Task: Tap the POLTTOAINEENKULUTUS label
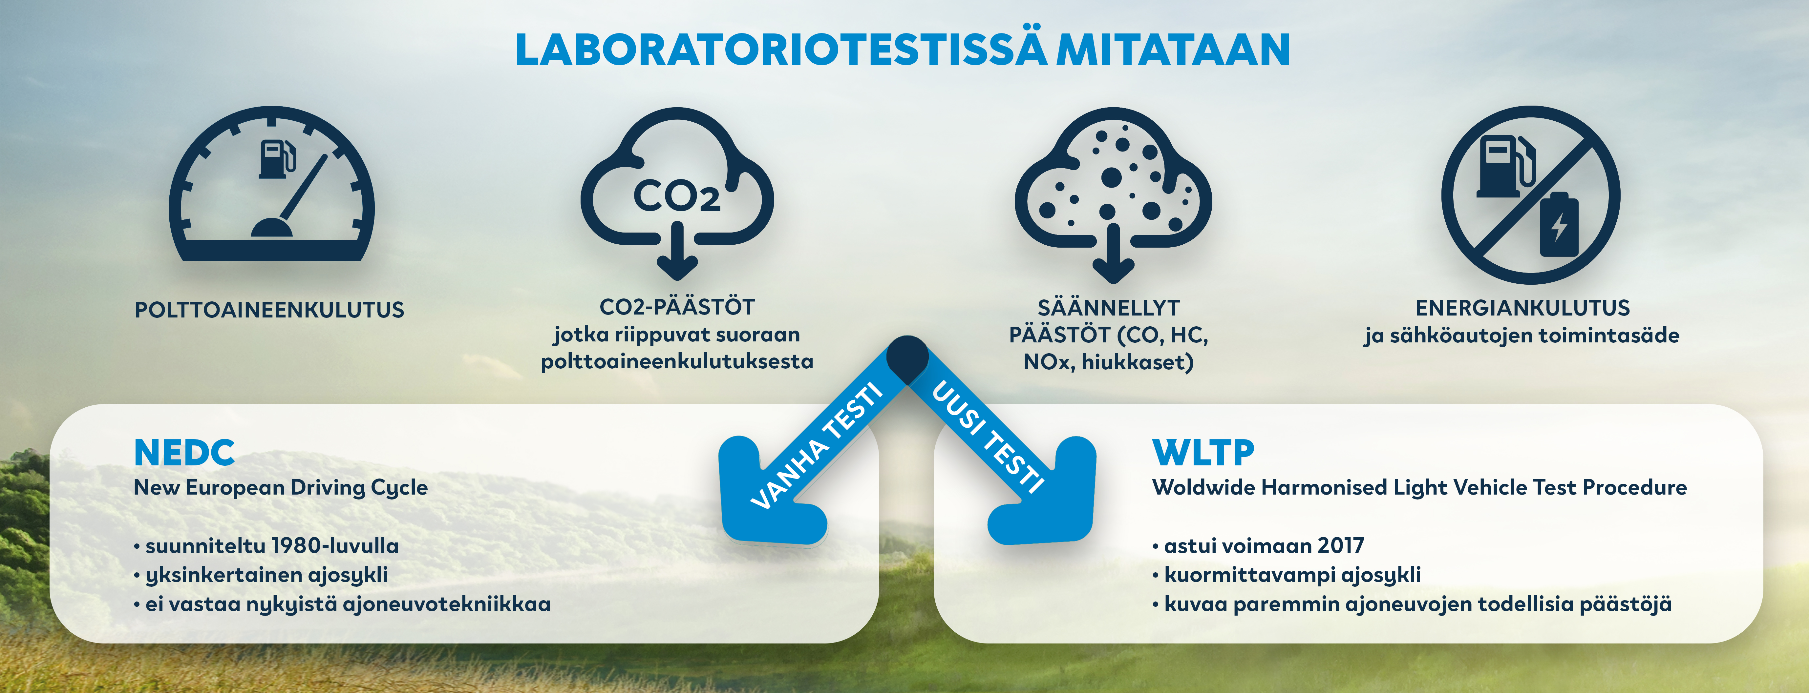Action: coord(270,310)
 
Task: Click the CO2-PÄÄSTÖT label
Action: coord(677,307)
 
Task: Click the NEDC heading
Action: coord(184,453)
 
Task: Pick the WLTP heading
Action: coord(1203,453)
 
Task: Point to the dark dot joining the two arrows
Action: coord(907,359)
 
